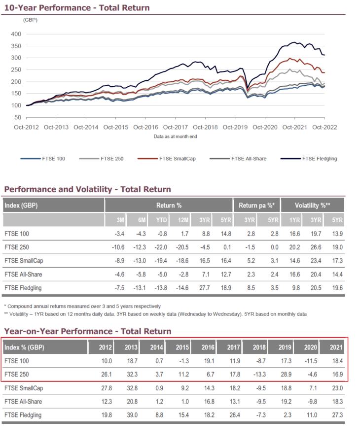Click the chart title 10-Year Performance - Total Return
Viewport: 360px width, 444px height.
76,8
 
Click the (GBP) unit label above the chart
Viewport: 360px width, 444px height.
30,20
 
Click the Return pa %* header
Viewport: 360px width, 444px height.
256,205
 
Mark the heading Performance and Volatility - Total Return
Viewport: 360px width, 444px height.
87,189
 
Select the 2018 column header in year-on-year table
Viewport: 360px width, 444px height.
258,348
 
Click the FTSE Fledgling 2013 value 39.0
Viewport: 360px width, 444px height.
133,415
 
